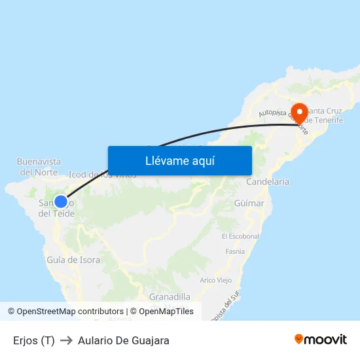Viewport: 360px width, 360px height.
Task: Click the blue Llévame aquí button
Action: click(x=179, y=160)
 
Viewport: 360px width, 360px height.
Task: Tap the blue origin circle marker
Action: click(x=60, y=202)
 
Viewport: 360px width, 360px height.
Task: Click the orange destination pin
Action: click(x=300, y=113)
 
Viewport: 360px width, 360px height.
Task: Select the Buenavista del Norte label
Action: click(x=39, y=167)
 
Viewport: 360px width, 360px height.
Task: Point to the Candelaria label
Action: click(x=267, y=181)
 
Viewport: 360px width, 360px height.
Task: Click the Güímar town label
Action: click(x=249, y=204)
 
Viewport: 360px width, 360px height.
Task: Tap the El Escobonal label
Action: click(x=241, y=236)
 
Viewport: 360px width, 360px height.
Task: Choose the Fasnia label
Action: click(x=234, y=251)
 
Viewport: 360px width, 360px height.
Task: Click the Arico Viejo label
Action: click(x=216, y=280)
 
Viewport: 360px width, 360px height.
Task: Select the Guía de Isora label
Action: click(x=73, y=260)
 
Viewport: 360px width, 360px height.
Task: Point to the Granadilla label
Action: click(x=170, y=297)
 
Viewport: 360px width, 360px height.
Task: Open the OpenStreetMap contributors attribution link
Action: click(x=70, y=312)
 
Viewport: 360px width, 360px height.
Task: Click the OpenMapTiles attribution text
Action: click(x=166, y=312)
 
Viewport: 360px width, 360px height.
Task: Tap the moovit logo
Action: click(x=320, y=340)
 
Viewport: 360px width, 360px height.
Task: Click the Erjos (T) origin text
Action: click(x=33, y=340)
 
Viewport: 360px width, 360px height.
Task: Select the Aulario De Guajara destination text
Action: click(x=124, y=340)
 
